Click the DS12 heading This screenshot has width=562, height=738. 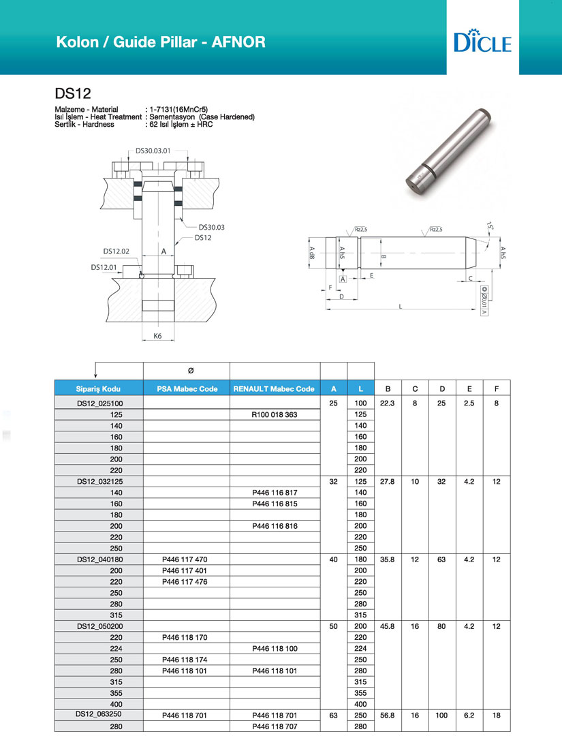pos(69,93)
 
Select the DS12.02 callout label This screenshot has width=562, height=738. pos(116,251)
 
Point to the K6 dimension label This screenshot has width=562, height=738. pos(157,337)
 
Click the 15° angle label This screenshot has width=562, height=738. pos(490,226)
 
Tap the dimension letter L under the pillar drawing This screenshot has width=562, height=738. pos(401,307)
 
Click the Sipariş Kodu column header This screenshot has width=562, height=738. pos(99,389)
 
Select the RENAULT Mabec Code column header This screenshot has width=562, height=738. pos(274,389)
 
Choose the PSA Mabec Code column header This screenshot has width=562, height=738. pos(187,389)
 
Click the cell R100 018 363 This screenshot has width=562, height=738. pos(274,414)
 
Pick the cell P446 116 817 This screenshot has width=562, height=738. pos(274,492)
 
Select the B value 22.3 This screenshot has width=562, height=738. pos(387,403)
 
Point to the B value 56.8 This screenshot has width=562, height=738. pos(387,716)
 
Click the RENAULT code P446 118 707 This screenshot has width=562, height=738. pos(274,727)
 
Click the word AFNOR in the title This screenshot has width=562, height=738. pos(238,42)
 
